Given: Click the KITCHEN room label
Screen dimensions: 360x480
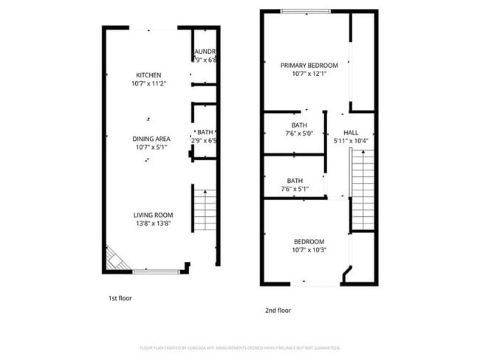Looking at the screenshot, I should coord(148,75).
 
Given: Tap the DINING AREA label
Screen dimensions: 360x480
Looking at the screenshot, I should coord(151,138).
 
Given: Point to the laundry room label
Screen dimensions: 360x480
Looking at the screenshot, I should coord(205,52).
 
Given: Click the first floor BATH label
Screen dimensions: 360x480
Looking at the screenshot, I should coord(205,132).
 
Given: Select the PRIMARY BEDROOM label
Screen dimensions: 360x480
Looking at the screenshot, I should coord(309,65).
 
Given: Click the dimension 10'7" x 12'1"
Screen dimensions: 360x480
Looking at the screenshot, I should coord(309,74).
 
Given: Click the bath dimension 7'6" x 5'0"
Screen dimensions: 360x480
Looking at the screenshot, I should coord(299,134).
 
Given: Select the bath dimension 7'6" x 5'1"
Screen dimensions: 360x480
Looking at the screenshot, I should coord(295,189).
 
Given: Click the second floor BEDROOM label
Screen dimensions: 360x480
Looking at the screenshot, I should coord(309,241).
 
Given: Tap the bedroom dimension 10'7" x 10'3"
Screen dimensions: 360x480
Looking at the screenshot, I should coord(309,249).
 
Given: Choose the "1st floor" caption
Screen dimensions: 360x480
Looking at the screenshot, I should coord(120,299).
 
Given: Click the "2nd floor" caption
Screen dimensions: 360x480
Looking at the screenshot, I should coord(278,311).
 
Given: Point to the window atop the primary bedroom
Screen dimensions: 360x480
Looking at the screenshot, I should coord(305,11).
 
